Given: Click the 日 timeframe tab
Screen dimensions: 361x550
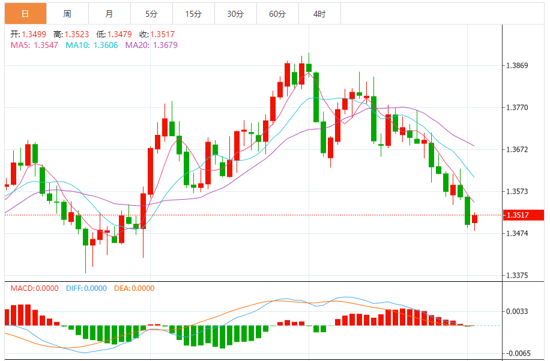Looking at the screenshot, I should click(25, 13).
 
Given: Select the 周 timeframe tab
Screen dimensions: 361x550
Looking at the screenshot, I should click(67, 13).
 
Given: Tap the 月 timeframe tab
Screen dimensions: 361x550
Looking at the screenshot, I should click(109, 13).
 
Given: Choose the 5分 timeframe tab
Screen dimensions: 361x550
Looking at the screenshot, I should click(151, 13).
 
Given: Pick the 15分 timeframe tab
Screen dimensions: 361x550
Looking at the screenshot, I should click(193, 13).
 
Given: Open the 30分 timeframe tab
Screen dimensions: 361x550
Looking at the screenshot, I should click(235, 13).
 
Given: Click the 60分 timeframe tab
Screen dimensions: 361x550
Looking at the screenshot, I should click(277, 13).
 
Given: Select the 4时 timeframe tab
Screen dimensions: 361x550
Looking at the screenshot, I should click(319, 13).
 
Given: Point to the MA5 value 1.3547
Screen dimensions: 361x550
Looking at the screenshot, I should click(46, 45).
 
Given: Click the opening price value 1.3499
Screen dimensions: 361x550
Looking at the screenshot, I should click(34, 34).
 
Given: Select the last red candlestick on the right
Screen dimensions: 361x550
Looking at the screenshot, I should click(474, 219).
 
